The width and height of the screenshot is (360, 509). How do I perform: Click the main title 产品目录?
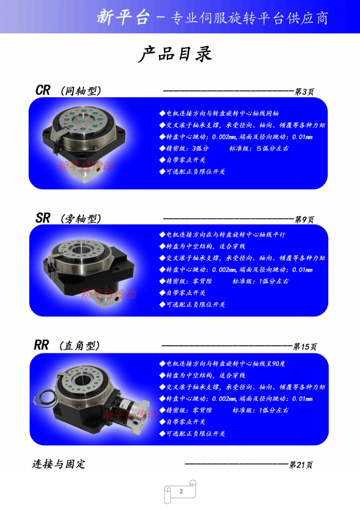click(175, 54)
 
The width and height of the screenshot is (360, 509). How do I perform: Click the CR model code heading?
click(43, 90)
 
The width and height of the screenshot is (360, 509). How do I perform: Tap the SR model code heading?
click(43, 218)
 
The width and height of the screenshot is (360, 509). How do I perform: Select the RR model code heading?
click(41, 345)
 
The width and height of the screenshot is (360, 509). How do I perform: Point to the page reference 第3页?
click(304, 92)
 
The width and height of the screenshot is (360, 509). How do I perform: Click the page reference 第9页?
click(304, 220)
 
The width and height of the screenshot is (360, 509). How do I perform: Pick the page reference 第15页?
click(305, 347)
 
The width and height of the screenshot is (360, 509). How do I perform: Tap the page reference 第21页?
click(301, 465)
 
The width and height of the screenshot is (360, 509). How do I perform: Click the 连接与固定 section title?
click(58, 464)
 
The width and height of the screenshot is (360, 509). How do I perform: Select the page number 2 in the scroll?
click(181, 491)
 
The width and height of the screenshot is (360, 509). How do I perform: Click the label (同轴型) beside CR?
click(81, 91)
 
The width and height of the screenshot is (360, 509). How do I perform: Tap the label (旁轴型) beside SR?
click(81, 219)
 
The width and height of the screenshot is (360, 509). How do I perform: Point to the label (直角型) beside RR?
click(79, 346)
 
